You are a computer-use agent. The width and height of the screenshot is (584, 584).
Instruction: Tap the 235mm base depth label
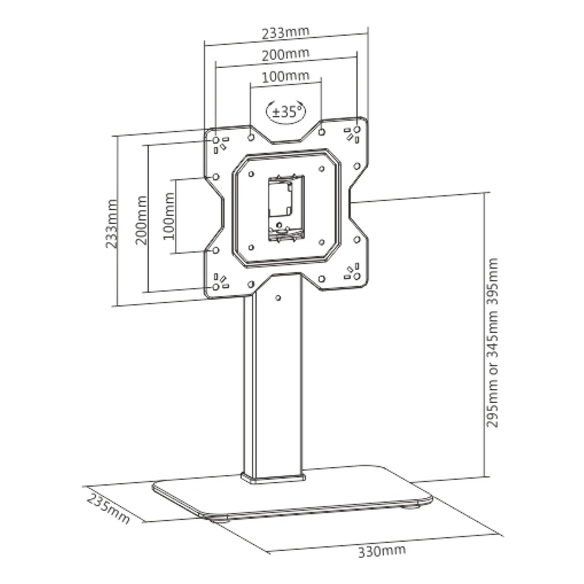coord(108,509)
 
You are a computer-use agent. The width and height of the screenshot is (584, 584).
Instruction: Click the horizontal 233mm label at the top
coord(285,32)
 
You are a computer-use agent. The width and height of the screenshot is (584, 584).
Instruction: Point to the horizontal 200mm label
coord(285,54)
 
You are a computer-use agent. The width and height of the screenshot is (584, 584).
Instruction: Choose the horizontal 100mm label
coord(285,76)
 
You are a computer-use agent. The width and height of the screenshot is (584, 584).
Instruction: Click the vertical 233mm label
coord(112,224)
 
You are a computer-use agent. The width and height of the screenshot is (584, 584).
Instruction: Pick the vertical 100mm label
coord(169,216)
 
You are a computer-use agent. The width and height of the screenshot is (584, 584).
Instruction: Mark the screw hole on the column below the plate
coord(278,298)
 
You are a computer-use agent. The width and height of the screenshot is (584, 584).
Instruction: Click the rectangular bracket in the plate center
coord(286,208)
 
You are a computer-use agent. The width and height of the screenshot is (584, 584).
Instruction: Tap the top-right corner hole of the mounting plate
coord(357,130)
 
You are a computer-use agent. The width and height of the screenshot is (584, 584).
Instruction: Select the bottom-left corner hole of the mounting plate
coord(216,287)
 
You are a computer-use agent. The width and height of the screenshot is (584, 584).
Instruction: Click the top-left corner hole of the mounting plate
coord(216,140)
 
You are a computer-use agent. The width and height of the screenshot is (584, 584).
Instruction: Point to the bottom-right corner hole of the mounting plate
coord(357,276)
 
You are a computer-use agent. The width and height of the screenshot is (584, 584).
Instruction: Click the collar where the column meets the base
coord(273,478)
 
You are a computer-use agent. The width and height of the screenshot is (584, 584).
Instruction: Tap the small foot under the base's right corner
coord(412,507)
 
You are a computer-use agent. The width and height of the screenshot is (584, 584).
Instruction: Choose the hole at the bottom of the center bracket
coord(279,225)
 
